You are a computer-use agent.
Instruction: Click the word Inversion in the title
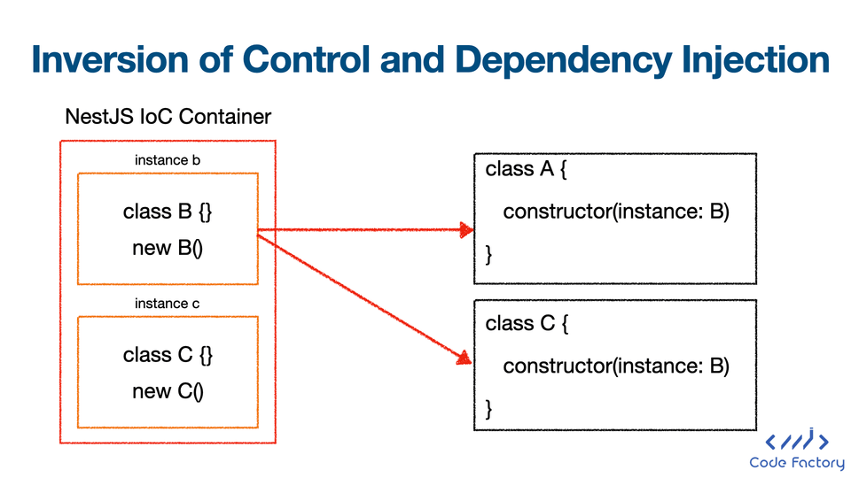(x=111, y=58)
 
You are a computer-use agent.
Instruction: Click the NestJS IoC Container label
(x=168, y=117)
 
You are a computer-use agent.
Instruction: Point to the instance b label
(x=168, y=160)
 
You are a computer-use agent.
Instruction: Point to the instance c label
(x=168, y=304)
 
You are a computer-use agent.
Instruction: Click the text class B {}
(x=168, y=212)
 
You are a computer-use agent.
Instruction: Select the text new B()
(x=168, y=248)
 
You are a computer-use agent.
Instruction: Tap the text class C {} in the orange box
(x=168, y=355)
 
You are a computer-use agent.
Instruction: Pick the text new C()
(x=168, y=391)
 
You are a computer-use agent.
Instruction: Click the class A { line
(x=526, y=169)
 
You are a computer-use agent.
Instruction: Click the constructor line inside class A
(x=616, y=212)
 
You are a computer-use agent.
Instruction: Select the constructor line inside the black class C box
(x=616, y=366)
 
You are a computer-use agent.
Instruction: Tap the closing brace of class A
(x=488, y=254)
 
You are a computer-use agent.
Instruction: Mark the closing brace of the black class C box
(x=488, y=409)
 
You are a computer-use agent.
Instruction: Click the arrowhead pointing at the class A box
(x=466, y=230)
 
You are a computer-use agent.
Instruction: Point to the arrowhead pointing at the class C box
(x=464, y=358)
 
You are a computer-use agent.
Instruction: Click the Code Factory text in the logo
(x=797, y=462)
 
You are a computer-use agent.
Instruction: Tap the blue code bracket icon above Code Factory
(x=797, y=440)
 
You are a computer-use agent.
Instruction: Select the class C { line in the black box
(x=527, y=324)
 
